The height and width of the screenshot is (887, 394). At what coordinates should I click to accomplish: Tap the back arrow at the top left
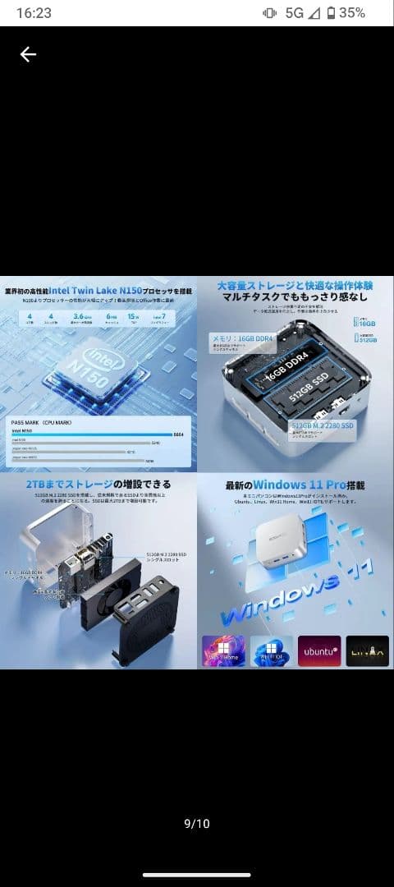(x=28, y=54)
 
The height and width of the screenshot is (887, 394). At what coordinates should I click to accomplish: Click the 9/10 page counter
(x=196, y=824)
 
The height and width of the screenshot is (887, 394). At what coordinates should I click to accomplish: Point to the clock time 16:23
(x=34, y=13)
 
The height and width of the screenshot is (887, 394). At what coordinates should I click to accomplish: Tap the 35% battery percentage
(x=352, y=13)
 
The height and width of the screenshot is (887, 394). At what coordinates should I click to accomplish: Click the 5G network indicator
(x=294, y=13)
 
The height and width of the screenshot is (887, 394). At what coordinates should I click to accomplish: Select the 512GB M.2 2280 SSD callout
(x=322, y=425)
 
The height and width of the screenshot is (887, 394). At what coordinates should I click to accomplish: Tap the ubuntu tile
(x=319, y=650)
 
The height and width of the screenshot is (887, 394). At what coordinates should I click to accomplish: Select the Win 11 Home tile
(x=223, y=650)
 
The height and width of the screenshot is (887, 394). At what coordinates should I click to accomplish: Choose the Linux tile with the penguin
(x=367, y=650)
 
